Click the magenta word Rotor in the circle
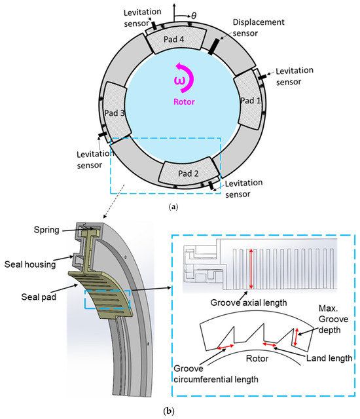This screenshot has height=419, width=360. pyautogui.click(x=179, y=101)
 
